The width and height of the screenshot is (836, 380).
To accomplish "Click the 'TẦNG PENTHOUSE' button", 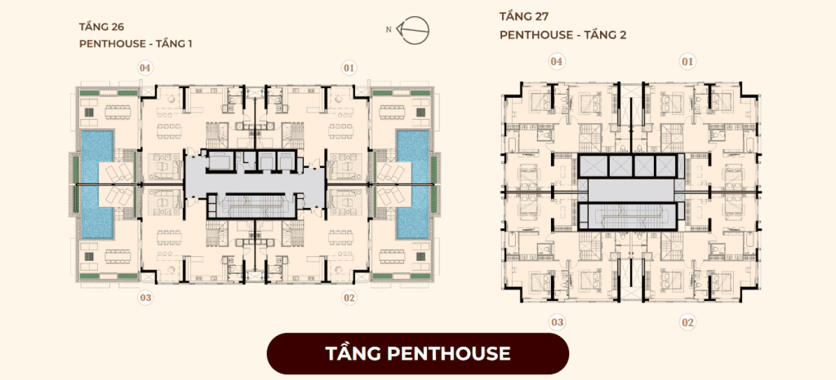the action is [x=418, y=353].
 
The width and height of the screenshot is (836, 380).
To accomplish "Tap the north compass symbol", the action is [x=416, y=30].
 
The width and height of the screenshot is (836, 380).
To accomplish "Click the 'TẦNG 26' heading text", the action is [x=102, y=27].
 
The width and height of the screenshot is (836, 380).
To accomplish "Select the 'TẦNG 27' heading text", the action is [x=522, y=16].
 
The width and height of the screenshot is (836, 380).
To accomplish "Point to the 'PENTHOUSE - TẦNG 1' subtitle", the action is [x=136, y=44].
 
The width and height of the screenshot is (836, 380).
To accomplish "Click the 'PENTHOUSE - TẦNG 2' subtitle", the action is [x=563, y=35].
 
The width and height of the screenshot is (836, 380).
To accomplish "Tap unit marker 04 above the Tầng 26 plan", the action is [x=145, y=68].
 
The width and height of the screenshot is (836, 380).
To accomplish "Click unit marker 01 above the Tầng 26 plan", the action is [x=349, y=68].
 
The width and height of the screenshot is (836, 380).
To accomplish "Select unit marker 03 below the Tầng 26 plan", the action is [x=145, y=298].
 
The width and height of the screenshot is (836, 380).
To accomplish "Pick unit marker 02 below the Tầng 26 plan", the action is [x=349, y=298].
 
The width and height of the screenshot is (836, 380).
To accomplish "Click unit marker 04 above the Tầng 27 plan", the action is [x=557, y=62].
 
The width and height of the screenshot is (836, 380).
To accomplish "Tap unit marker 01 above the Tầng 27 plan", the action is [x=687, y=62].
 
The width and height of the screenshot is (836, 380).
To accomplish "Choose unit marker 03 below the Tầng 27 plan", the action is [x=557, y=322].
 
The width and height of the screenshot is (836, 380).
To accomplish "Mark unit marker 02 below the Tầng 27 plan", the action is [x=687, y=322].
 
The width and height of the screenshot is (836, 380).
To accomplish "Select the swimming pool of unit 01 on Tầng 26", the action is [x=420, y=146].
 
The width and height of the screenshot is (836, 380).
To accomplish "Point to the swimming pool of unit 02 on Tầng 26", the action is [x=420, y=221].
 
